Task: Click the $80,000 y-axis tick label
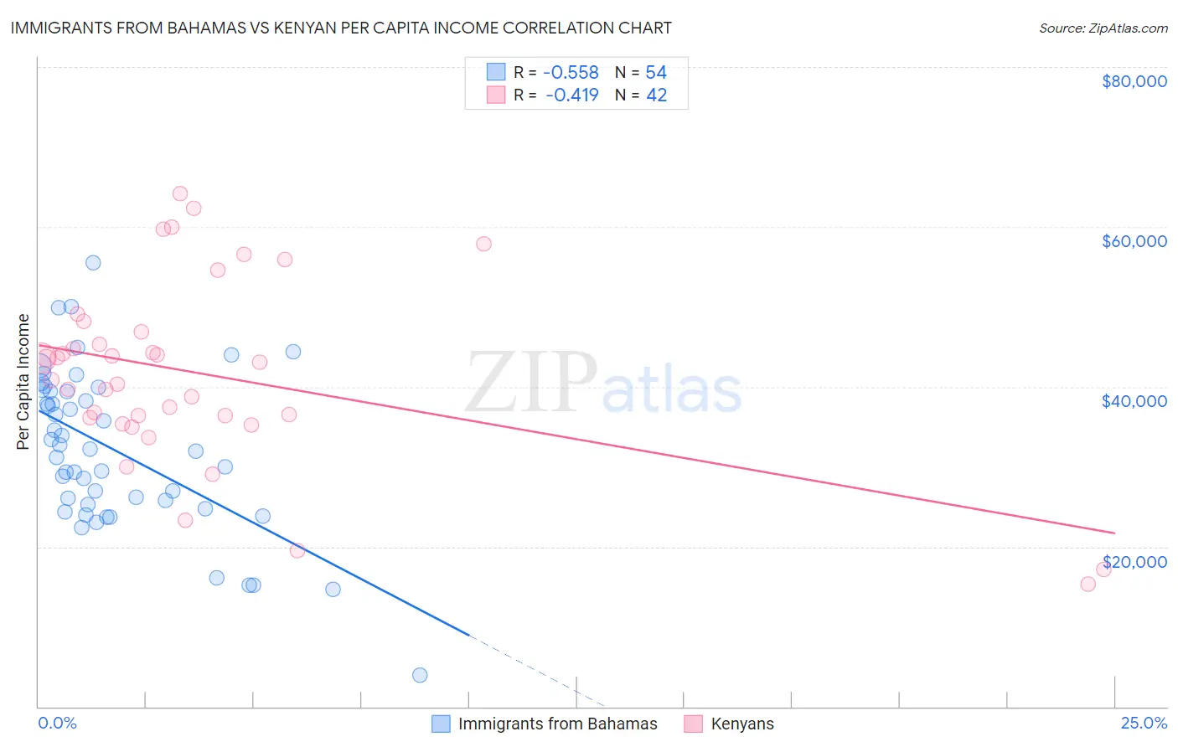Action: (1134, 81)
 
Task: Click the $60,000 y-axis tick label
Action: (1134, 241)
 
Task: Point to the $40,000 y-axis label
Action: (1134, 401)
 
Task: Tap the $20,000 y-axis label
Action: (1134, 562)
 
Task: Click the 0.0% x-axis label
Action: (57, 723)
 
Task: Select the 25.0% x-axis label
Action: (1144, 723)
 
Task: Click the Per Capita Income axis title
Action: (23, 381)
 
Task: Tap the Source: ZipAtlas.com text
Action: (1103, 28)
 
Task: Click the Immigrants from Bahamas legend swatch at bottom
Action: (441, 724)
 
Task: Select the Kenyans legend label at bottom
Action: (741, 724)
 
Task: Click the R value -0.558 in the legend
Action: (571, 72)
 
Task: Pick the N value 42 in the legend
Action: (656, 95)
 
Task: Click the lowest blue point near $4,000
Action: (420, 675)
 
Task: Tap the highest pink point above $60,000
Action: (179, 193)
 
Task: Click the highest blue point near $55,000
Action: (93, 263)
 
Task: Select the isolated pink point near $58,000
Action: (483, 244)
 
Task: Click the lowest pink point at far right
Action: (1088, 584)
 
